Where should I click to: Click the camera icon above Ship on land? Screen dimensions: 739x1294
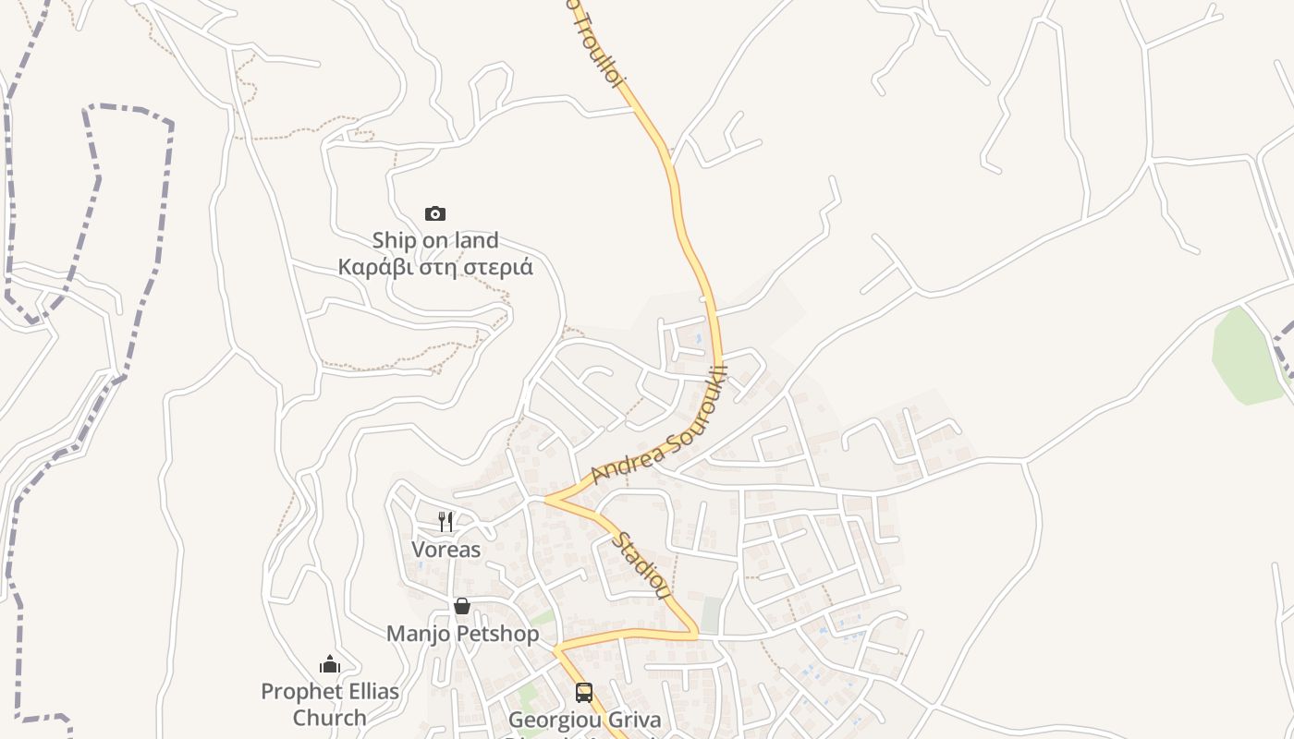pos(434,214)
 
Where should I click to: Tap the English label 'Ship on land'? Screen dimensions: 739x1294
pos(434,240)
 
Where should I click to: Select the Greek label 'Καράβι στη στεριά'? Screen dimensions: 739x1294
pos(434,268)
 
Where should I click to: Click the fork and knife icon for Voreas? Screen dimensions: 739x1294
pos(446,521)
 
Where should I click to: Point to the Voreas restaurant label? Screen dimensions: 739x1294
pos(446,550)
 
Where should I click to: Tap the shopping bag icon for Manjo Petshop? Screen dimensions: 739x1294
pos(461,606)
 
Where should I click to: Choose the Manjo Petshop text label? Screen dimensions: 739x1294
pos(462,634)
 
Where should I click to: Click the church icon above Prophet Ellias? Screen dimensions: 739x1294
pos(330,664)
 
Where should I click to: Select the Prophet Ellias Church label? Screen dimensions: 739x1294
pos(330,704)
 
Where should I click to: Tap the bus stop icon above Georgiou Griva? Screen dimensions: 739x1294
pos(584,693)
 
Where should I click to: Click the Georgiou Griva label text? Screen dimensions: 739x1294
pos(585,721)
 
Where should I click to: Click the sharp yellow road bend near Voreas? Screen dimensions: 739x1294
pos(548,499)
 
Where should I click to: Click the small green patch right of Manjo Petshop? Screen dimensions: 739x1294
pos(543,616)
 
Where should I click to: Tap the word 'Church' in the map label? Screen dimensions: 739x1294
pos(330,717)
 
